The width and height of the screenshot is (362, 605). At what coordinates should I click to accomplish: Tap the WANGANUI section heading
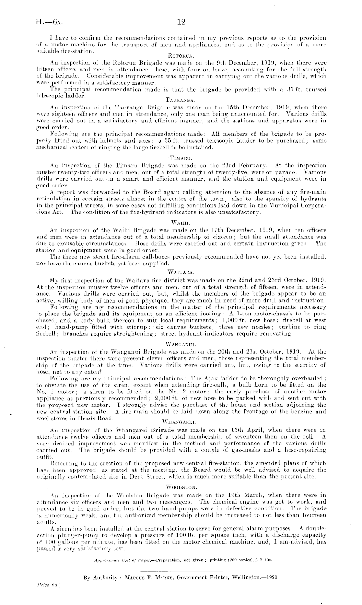pyautogui.click(x=181, y=343)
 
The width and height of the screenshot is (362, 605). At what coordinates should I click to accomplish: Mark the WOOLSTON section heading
pyautogui.click(x=181, y=487)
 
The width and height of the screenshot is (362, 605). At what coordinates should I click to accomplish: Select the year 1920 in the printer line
pyautogui.click(x=272, y=578)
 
